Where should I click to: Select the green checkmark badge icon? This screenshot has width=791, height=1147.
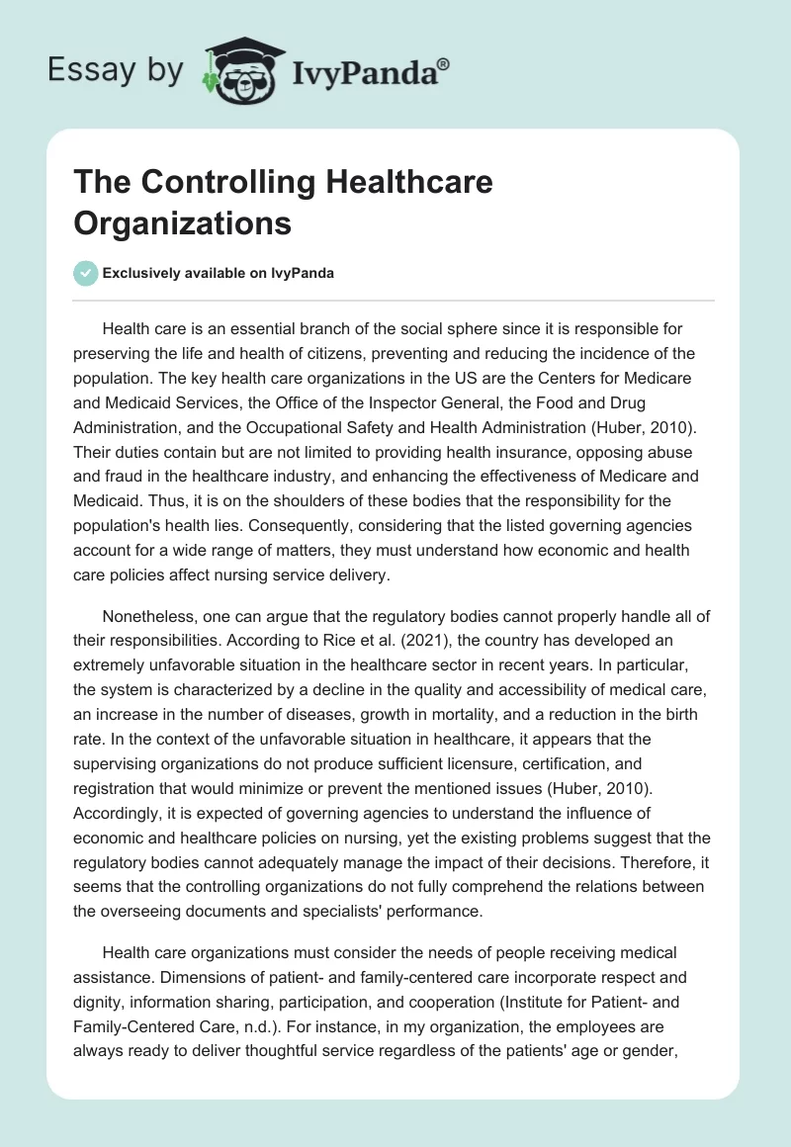point(86,273)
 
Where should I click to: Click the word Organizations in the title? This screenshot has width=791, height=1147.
point(183,223)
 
